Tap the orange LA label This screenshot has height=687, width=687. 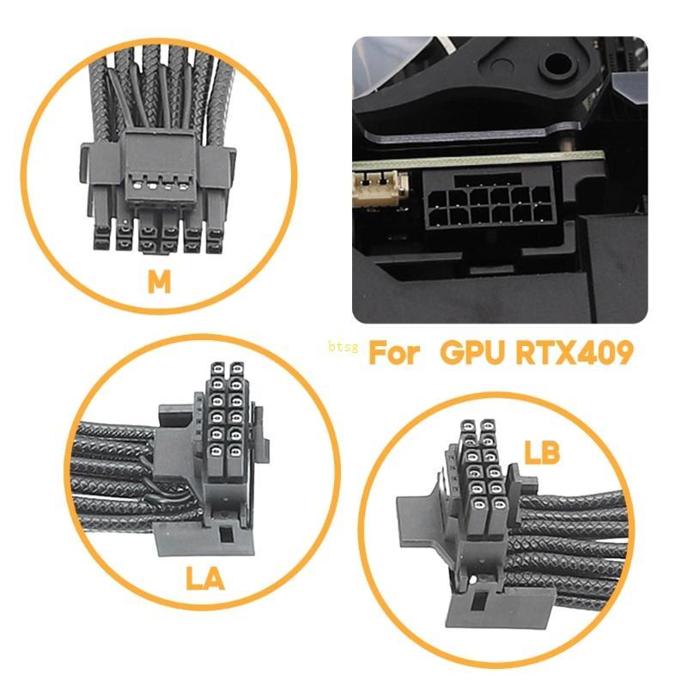pyautogui.click(x=204, y=578)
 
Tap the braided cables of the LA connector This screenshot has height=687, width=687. pyautogui.click(x=120, y=481)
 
